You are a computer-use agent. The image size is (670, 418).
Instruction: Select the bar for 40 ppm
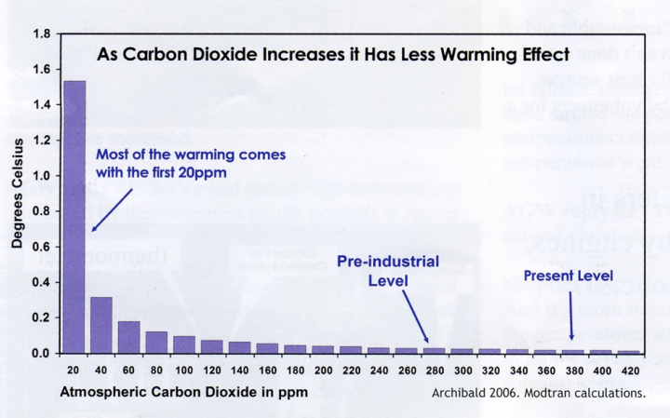tap(101, 325)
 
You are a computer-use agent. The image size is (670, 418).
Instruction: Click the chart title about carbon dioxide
tap(332, 54)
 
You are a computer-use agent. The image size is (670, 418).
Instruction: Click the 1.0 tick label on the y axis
tap(41, 176)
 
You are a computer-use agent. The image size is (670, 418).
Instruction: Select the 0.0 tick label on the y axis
tap(41, 354)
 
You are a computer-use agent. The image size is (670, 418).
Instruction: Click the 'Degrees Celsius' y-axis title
tap(17, 194)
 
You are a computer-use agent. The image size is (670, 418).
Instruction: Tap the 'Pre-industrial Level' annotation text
tap(387, 271)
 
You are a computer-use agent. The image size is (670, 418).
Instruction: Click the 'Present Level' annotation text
tap(568, 276)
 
